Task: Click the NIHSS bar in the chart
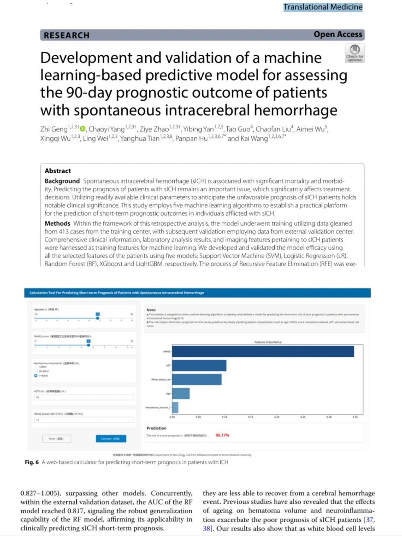(x=263, y=351)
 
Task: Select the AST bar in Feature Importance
(x=199, y=366)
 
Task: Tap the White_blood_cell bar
(x=197, y=379)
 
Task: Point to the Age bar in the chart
(x=181, y=393)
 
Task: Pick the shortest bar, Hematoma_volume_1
(x=175, y=407)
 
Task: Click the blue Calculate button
(x=111, y=438)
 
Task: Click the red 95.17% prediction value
(x=222, y=435)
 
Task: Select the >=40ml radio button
(x=36, y=376)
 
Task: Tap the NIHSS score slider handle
(x=89, y=345)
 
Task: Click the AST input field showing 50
(x=84, y=397)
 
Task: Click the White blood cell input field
(x=84, y=419)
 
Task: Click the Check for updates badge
(x=355, y=53)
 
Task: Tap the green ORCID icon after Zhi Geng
(x=83, y=129)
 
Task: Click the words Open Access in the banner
(x=338, y=35)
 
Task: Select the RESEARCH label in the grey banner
(x=67, y=35)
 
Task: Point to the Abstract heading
(x=58, y=171)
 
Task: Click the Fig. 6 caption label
(x=32, y=462)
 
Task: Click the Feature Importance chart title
(x=268, y=342)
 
